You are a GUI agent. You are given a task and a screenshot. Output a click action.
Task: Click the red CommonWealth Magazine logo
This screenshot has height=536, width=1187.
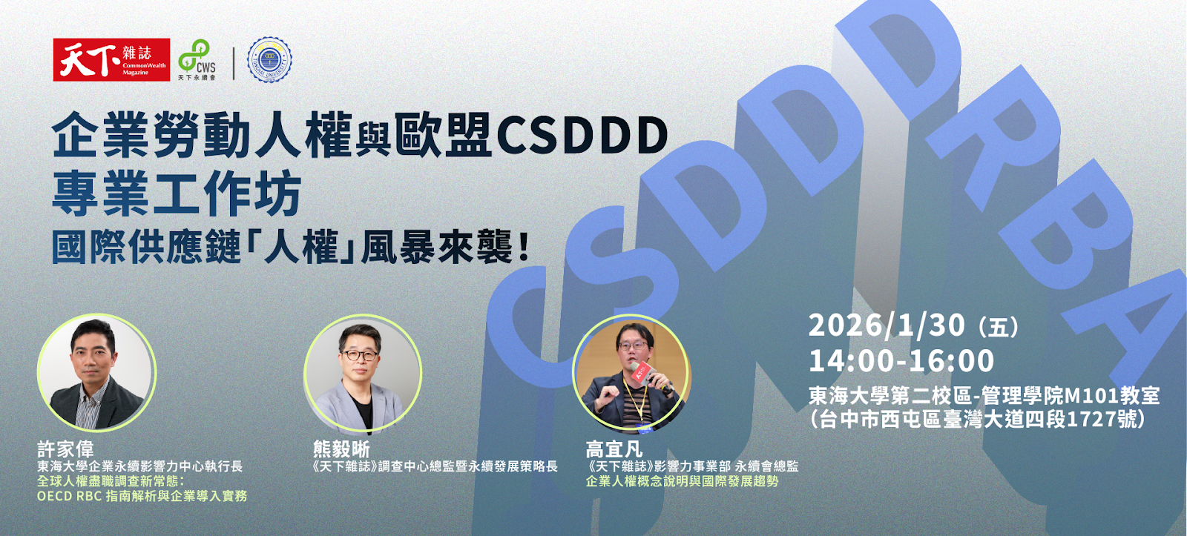point(111,59)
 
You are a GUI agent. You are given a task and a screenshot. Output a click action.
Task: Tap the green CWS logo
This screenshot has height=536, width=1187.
point(197,59)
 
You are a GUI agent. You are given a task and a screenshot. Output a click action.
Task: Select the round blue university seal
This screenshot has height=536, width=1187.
point(269,59)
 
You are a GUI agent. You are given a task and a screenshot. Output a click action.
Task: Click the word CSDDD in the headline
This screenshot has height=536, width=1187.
point(582,136)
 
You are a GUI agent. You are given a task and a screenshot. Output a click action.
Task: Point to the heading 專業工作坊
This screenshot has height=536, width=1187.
point(177,193)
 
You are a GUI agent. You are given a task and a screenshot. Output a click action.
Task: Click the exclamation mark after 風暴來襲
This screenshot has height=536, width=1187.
point(525,247)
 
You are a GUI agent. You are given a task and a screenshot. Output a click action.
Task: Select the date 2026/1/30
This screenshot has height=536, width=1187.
point(887,325)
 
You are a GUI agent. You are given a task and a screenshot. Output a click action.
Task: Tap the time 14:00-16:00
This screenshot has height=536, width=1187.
point(901,361)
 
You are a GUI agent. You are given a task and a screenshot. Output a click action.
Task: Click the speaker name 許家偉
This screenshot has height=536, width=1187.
point(66,449)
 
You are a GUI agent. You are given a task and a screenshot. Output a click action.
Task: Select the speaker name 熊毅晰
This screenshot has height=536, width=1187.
point(341,449)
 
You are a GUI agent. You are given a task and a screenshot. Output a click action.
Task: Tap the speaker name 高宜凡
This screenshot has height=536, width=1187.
point(614,449)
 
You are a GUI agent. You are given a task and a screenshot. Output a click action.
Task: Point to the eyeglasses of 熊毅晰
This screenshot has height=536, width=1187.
point(360,355)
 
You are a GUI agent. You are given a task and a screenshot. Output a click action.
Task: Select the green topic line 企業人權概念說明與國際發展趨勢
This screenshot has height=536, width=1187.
point(682,481)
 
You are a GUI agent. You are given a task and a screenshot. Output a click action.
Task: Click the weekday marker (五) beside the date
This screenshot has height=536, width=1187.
point(999,327)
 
